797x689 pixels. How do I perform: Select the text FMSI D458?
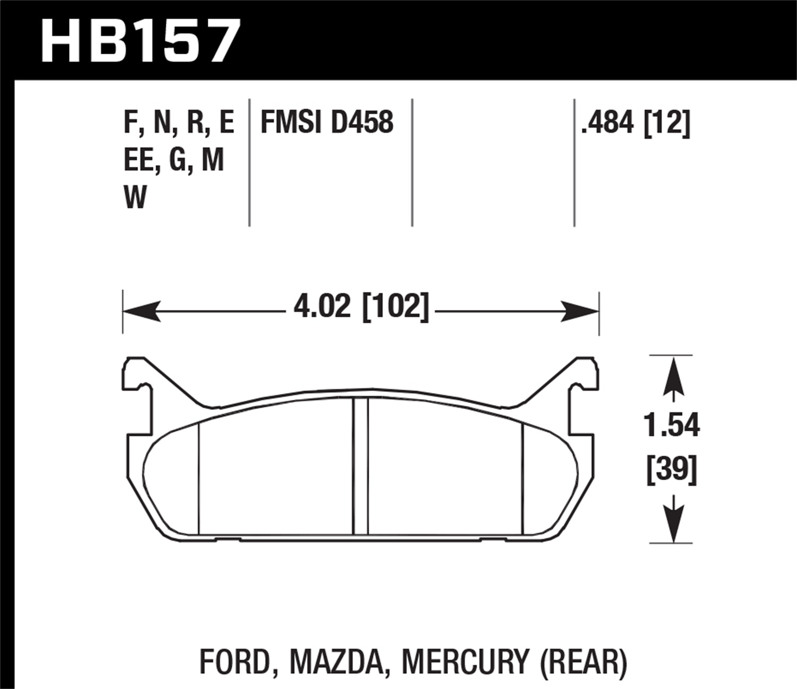(327, 122)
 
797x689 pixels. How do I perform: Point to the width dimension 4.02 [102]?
(361, 307)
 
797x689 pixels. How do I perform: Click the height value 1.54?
(672, 425)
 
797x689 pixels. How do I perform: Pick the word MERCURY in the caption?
(465, 662)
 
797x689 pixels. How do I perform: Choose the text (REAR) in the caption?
(583, 662)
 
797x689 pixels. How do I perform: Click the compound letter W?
(135, 198)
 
